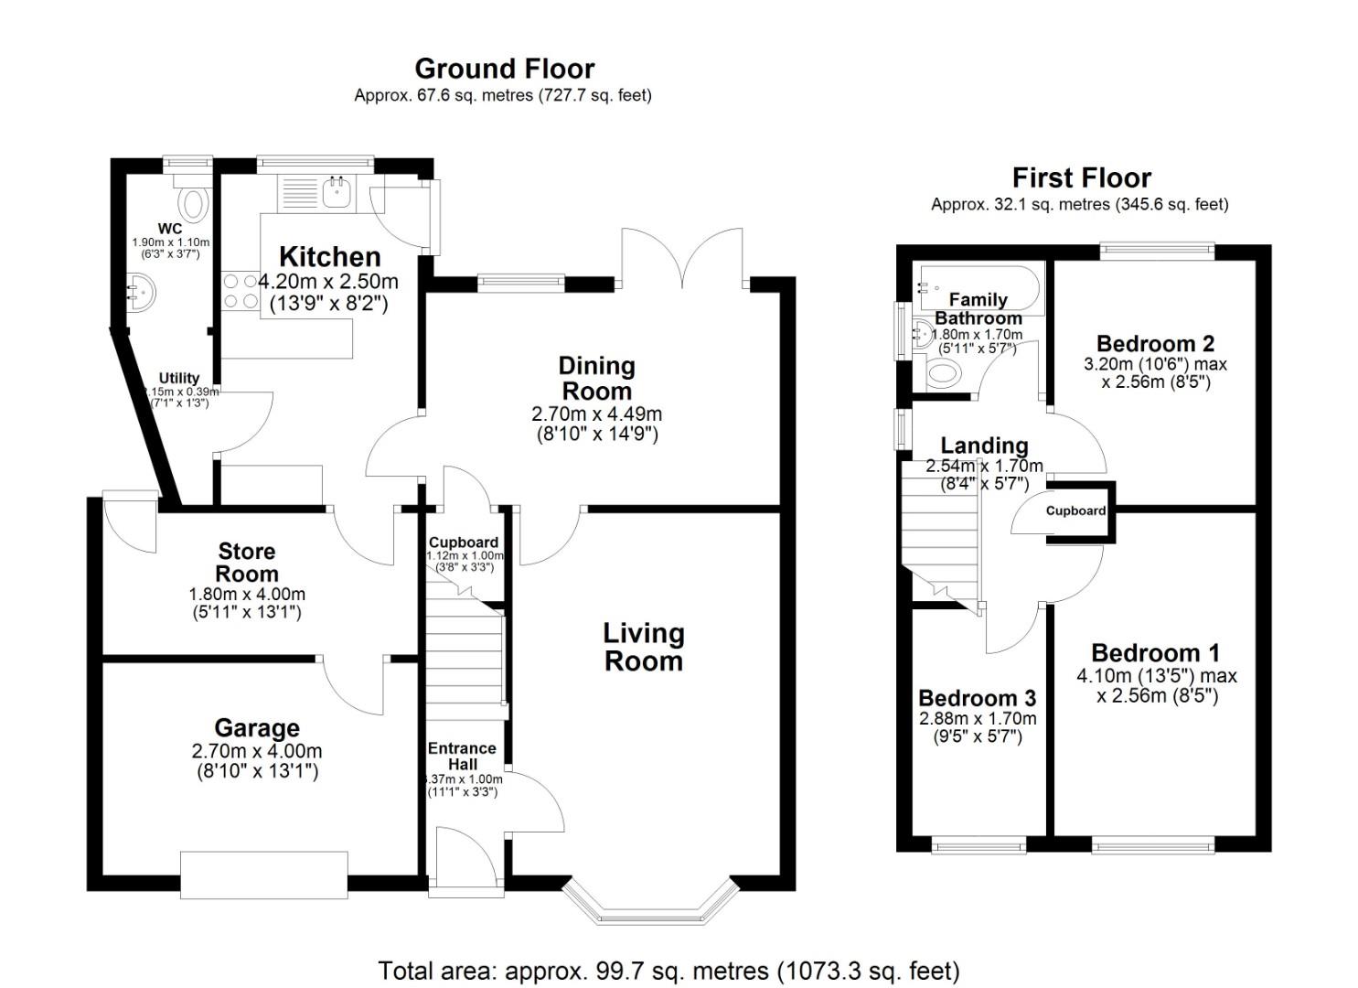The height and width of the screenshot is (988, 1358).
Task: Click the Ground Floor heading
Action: point(504,69)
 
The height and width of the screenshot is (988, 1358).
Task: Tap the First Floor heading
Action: point(1081,177)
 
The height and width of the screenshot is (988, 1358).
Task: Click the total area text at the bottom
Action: point(668,970)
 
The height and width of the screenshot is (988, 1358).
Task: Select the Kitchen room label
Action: point(329,256)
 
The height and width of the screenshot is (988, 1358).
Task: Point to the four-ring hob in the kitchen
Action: point(241,291)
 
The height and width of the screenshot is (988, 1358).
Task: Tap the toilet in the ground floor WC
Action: point(194,200)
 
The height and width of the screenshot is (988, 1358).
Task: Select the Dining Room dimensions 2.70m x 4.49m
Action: point(596,414)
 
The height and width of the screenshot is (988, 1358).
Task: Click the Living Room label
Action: point(644,647)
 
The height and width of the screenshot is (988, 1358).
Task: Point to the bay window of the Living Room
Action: point(648,904)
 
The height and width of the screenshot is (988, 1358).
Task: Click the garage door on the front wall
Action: point(264,875)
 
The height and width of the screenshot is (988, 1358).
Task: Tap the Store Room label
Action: point(247,563)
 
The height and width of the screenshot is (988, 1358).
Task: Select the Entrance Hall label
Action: point(462,756)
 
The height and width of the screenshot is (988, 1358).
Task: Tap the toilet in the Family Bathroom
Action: point(943,372)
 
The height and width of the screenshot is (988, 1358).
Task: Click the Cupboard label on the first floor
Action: point(1075,510)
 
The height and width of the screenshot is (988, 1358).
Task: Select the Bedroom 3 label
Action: point(978,699)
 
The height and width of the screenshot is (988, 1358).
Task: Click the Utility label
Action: point(179,378)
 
